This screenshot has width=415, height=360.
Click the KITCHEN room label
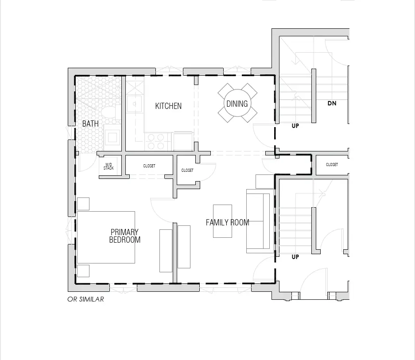(168, 106)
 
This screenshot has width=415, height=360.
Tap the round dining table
(237, 103)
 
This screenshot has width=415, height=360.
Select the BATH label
(90, 124)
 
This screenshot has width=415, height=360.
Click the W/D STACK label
(109, 166)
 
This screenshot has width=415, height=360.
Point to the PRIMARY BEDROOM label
(124, 236)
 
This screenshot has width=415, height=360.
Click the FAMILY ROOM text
(228, 222)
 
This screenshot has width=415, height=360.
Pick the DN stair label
(332, 103)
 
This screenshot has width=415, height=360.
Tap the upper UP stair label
(295, 126)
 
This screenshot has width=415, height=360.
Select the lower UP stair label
(295, 257)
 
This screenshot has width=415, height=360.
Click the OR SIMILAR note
(85, 299)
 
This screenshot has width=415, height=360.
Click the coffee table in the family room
(223, 221)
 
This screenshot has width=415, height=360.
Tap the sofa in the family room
(260, 221)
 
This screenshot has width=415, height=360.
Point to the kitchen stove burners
(156, 142)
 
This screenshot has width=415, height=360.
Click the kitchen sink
(134, 104)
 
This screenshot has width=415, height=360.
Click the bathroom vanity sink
(112, 137)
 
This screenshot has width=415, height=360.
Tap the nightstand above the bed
(83, 204)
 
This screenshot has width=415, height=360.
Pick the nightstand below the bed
(83, 271)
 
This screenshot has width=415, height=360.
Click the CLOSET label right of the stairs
(332, 165)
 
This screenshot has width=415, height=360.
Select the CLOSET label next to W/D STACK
(149, 166)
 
